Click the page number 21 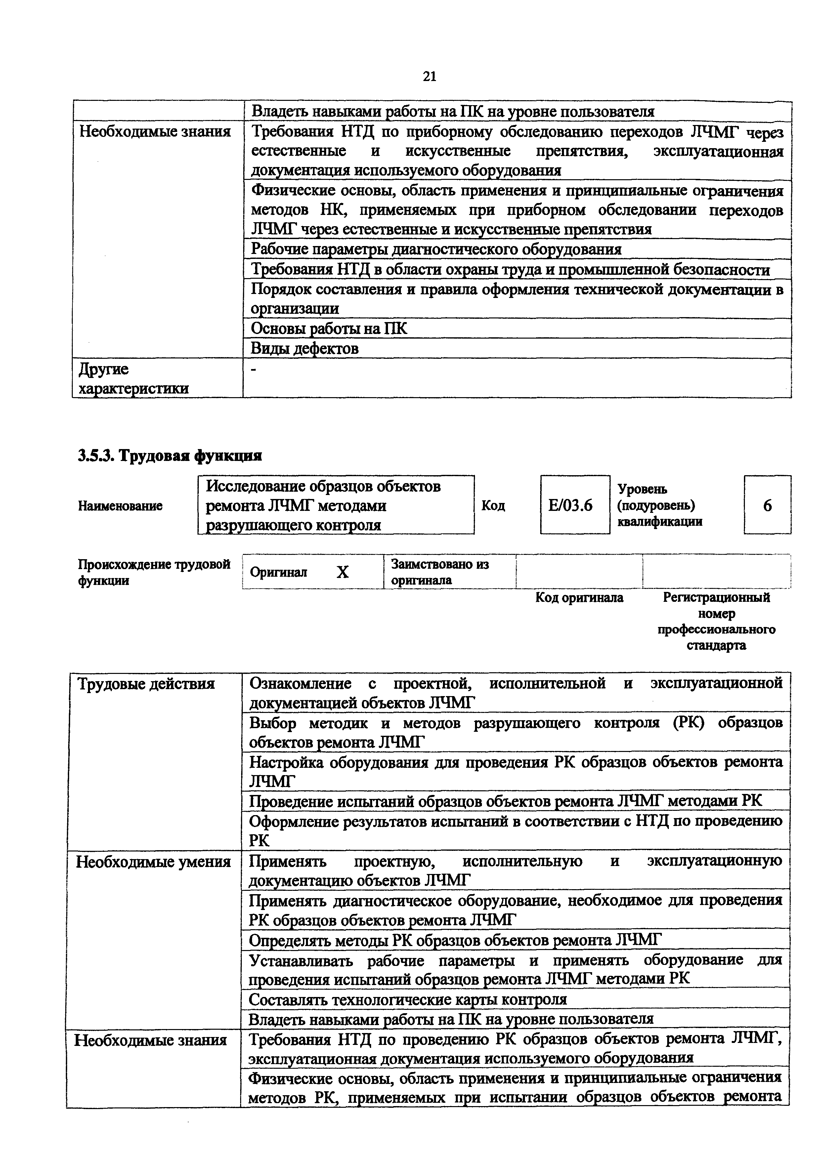coord(429,76)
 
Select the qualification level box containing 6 coord(767,505)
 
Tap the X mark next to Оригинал coord(343,572)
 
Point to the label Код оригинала coord(579,598)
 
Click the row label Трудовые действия coord(146,684)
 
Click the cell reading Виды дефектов coord(305,349)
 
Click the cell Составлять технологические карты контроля coord(408,999)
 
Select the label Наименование coord(120,506)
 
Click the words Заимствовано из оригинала coord(440,572)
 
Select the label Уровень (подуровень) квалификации coord(659,505)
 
